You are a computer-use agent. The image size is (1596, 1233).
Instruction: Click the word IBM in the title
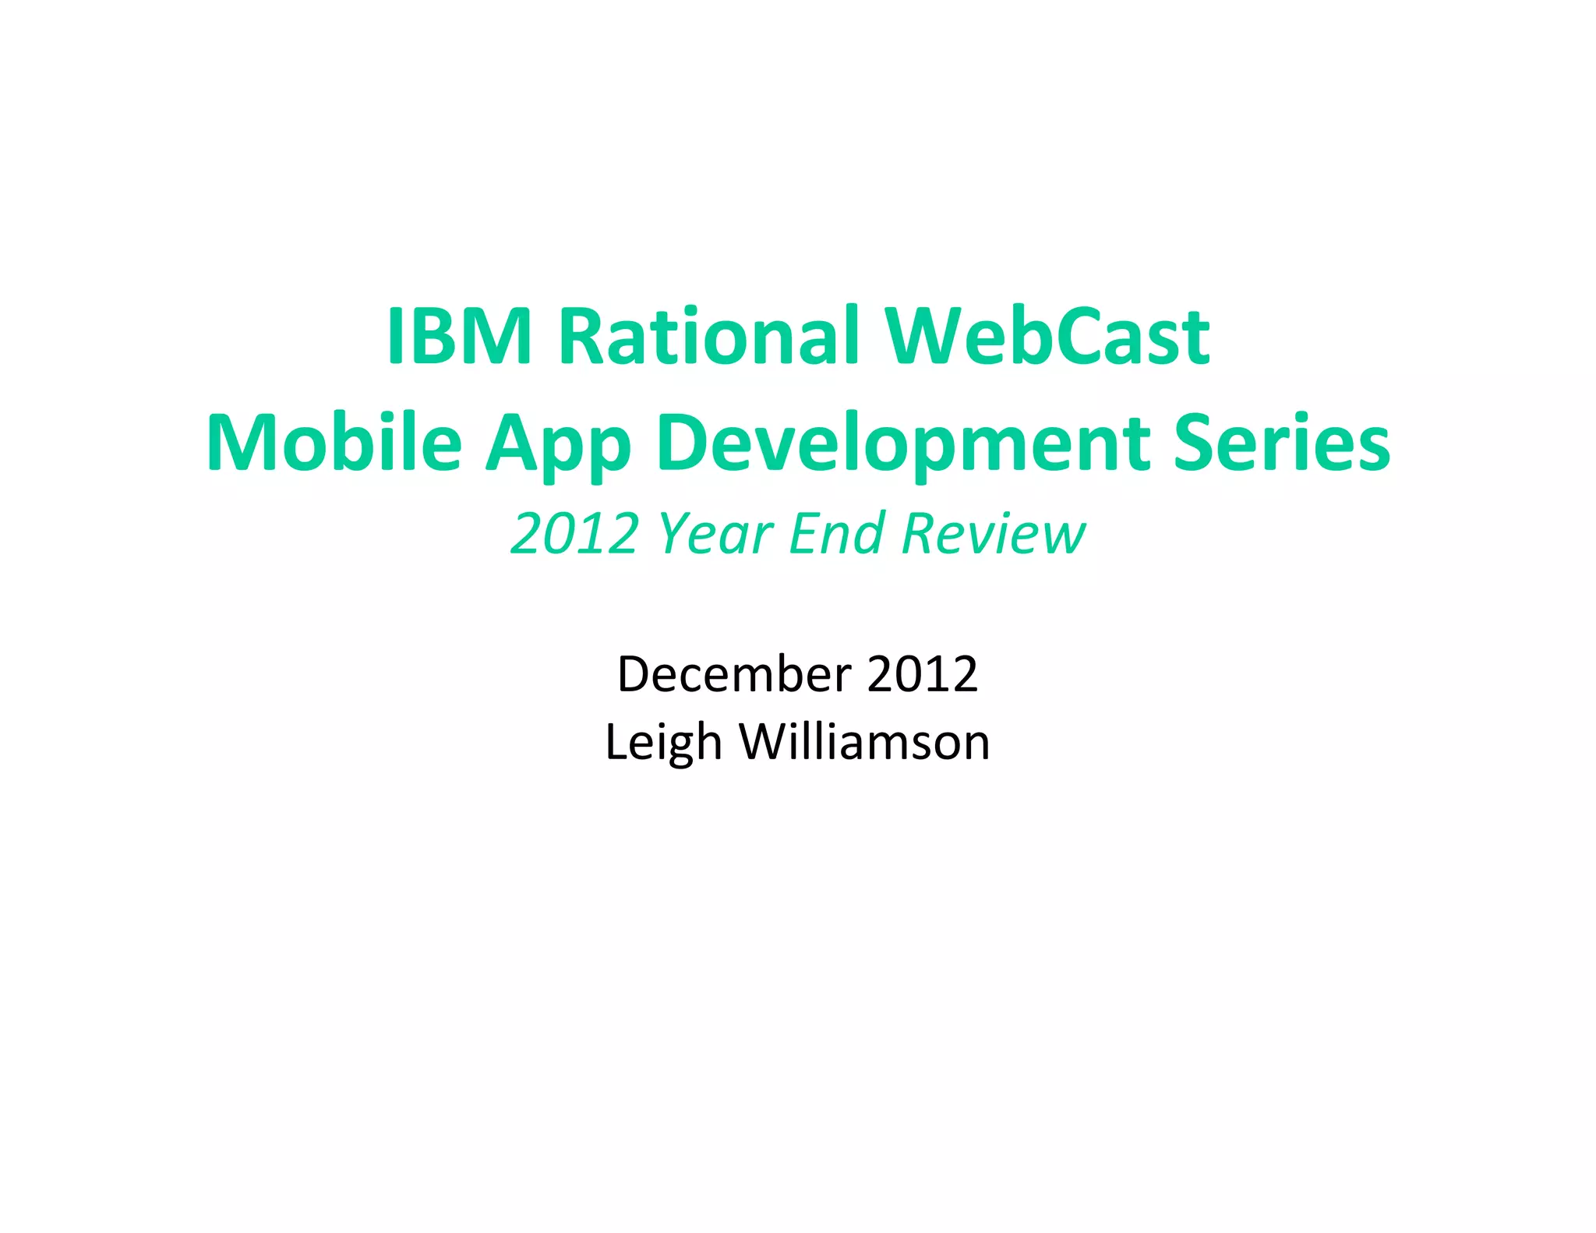459,336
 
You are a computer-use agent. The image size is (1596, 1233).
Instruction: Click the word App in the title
558,446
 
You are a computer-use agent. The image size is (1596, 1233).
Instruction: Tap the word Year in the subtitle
715,534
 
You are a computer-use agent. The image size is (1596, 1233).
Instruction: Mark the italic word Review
993,534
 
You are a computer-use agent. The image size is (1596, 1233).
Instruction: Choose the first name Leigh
663,742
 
